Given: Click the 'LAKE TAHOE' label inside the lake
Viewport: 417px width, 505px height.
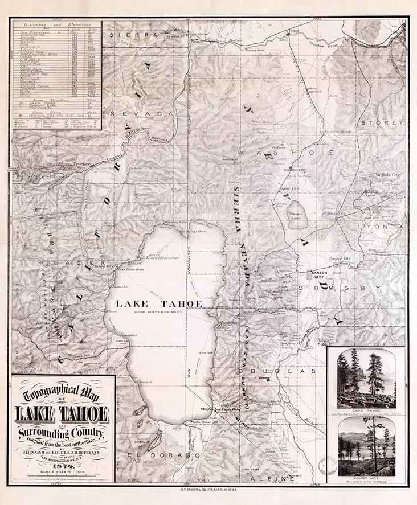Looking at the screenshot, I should pyautogui.click(x=158, y=304).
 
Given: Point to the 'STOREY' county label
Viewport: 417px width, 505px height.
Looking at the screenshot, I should pyautogui.click(x=381, y=122).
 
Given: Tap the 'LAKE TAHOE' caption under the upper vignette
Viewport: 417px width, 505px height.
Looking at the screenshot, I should pyautogui.click(x=366, y=410).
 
